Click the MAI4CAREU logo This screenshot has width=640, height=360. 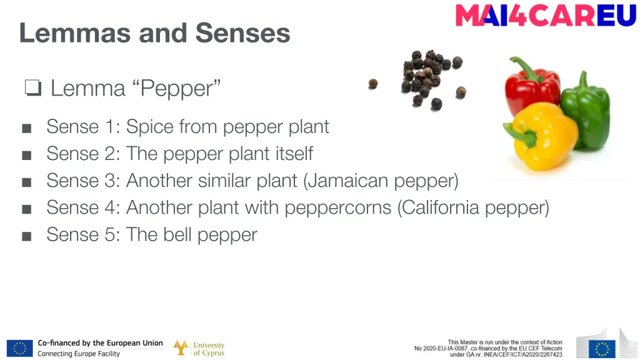tap(546, 16)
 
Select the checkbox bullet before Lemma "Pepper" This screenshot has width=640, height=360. tap(32, 89)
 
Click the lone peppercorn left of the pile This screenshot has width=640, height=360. tap(373, 84)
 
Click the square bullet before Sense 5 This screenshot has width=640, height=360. tap(26, 236)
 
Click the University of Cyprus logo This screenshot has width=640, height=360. tap(199, 348)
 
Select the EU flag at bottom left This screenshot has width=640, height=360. tap(19, 348)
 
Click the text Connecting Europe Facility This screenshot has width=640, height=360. tap(79, 354)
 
